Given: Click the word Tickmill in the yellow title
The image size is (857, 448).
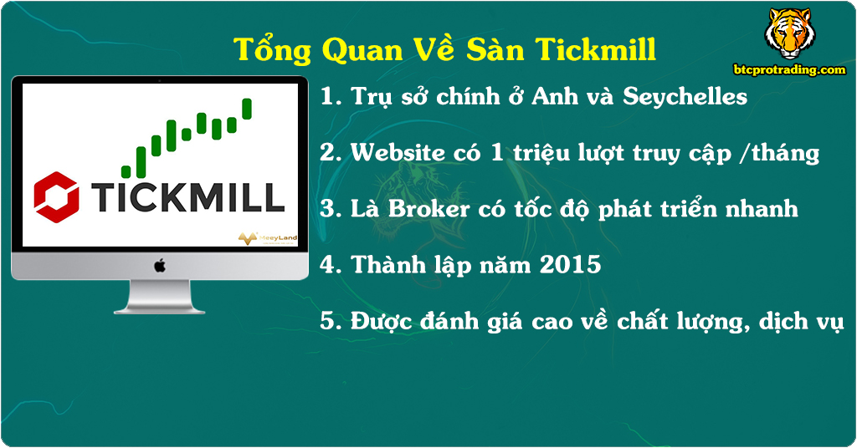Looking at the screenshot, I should coord(595,49).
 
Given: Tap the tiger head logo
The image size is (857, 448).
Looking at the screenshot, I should coord(788,33).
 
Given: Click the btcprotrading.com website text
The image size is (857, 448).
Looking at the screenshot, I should coord(789,70).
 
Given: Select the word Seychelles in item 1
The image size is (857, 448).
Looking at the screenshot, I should coord(685,96).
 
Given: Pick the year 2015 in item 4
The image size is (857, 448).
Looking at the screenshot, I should coord(571,265).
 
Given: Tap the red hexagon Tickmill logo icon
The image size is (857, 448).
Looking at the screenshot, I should coord(57,196).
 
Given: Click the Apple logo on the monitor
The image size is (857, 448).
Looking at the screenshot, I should coord(159,265).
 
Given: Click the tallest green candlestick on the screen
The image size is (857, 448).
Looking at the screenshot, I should coord(247,109).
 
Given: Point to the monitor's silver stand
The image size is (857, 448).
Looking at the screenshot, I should coord(159,297).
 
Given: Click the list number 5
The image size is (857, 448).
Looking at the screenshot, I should coord(328,322).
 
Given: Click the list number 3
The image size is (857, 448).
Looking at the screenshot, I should coord(328,208).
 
